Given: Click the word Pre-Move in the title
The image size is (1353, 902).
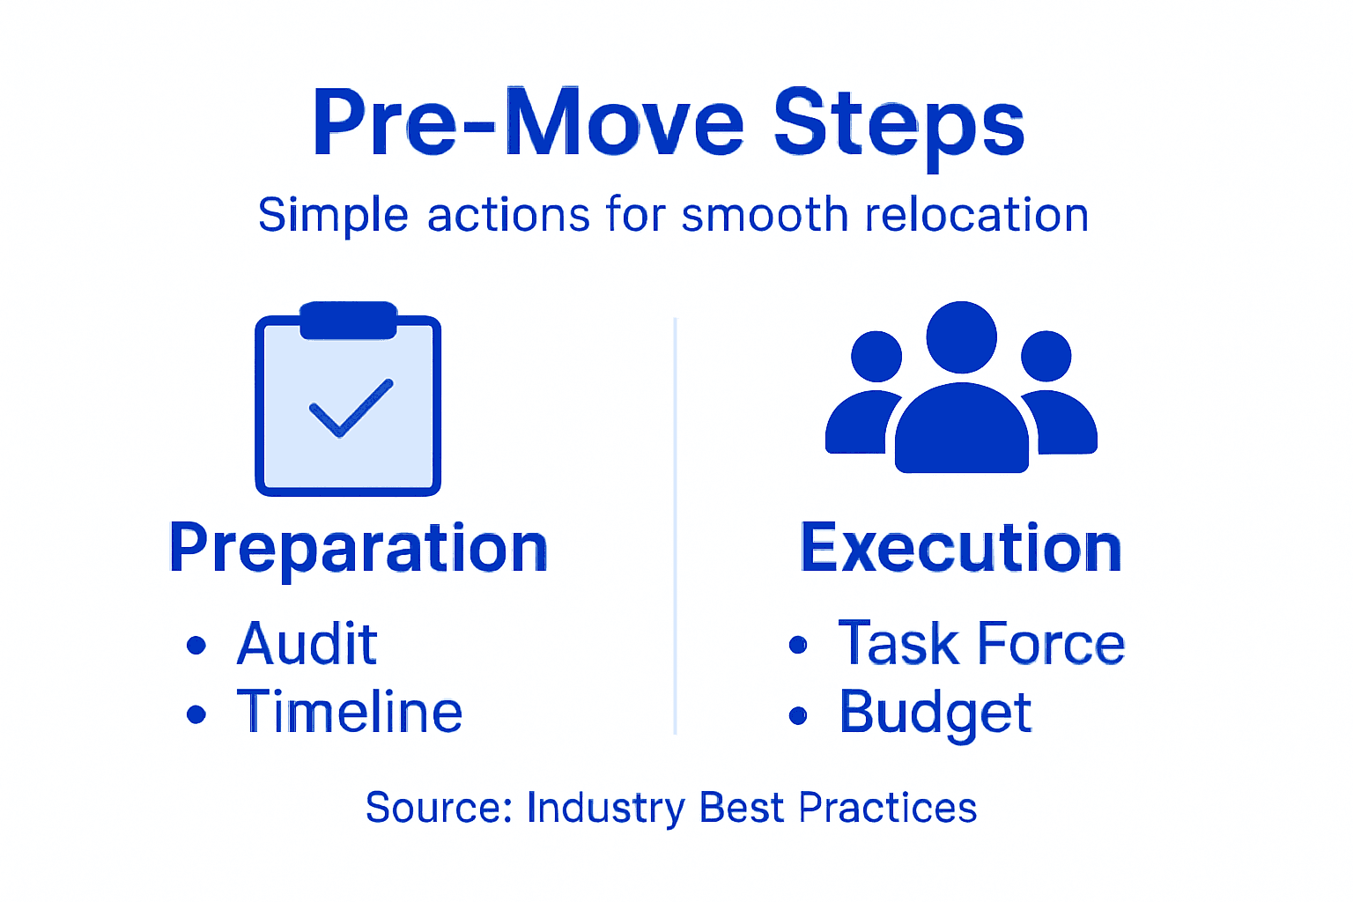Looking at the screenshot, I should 529,123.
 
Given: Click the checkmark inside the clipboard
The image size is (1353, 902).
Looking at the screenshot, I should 351,408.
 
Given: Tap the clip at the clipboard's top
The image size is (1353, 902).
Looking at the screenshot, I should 349,321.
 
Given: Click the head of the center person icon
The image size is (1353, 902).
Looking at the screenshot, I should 961,337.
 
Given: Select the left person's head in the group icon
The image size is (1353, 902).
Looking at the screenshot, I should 876,357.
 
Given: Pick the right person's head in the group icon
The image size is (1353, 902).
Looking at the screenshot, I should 1046,357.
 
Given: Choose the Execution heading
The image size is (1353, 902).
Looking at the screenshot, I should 961,548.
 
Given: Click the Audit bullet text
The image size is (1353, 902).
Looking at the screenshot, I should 307,644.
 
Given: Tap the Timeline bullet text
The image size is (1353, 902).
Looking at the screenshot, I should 349,713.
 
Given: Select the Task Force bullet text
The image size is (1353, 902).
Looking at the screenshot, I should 981,644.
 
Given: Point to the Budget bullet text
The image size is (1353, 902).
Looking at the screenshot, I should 935,713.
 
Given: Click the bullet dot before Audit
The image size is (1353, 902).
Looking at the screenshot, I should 196,646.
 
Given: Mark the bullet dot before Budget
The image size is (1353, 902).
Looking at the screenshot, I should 798,715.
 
